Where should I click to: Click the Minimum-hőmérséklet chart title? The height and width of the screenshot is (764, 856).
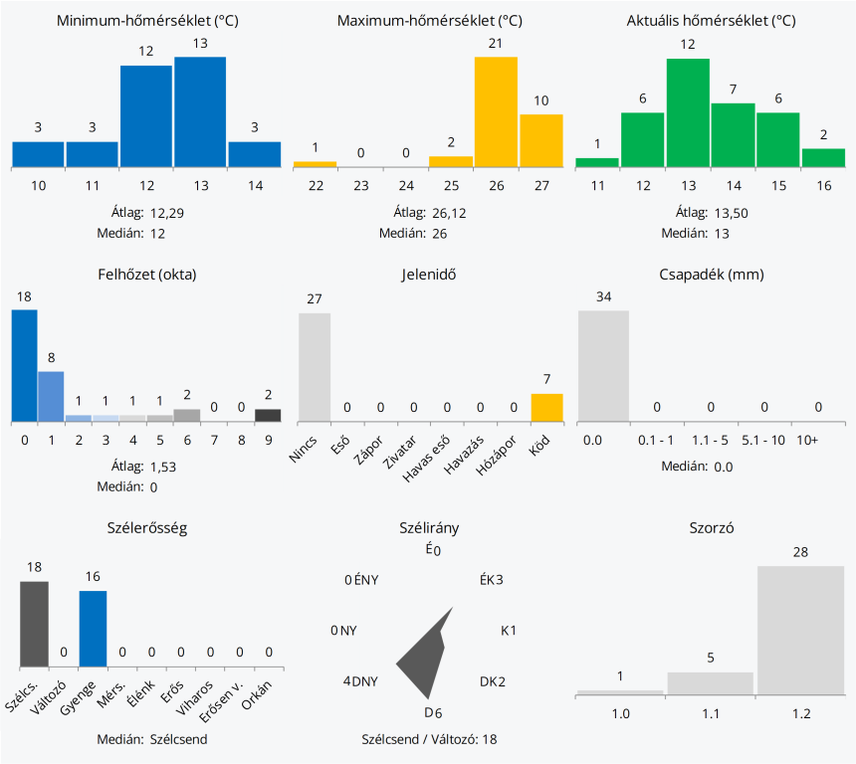point(146,21)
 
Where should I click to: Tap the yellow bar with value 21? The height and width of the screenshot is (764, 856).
point(496,111)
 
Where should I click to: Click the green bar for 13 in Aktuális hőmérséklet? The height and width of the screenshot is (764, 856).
point(688,112)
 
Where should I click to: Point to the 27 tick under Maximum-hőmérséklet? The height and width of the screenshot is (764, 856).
point(540,185)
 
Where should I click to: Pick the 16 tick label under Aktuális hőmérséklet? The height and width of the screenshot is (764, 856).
point(823,185)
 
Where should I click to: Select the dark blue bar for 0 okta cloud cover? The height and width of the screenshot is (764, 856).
point(24,365)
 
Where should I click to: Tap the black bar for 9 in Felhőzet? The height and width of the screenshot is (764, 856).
point(268,415)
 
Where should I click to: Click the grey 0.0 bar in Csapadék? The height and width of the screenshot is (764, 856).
point(603,365)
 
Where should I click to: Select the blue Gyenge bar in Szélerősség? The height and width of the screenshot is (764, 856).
point(93,628)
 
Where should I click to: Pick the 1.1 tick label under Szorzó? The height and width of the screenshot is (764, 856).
point(710,713)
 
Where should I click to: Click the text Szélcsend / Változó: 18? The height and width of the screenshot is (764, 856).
point(429,739)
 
